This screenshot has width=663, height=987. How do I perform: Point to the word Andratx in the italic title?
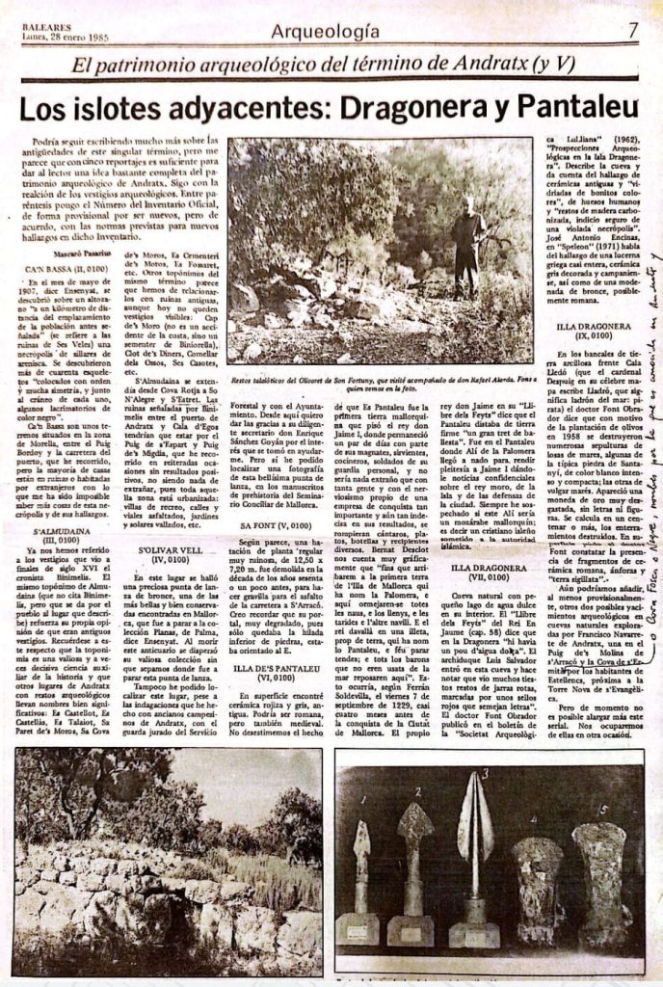pyautogui.click(x=489, y=67)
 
